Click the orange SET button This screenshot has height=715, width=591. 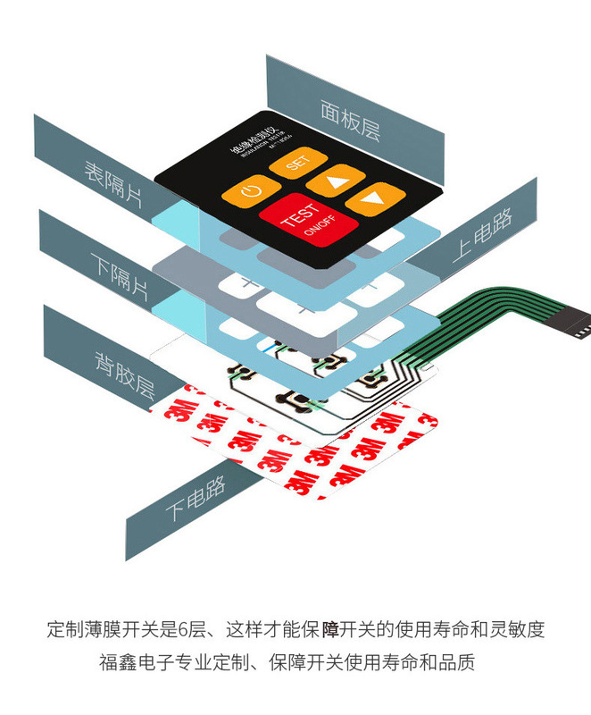click(x=297, y=164)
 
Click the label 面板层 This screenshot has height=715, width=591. click(x=350, y=119)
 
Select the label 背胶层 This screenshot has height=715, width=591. click(x=125, y=374)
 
